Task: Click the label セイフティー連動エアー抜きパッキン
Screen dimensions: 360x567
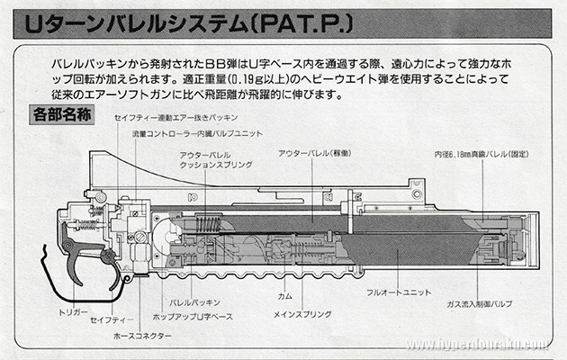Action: (176, 119)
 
